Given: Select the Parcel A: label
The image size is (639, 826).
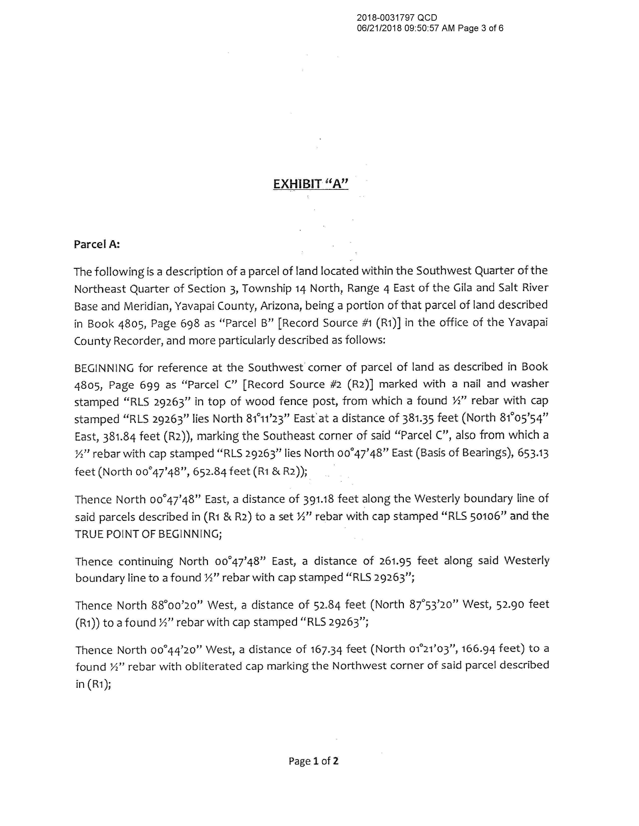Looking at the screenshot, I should (x=97, y=244).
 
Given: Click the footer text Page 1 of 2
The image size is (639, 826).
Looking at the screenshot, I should (x=314, y=761).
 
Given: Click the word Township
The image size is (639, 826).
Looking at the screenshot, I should (x=267, y=289).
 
